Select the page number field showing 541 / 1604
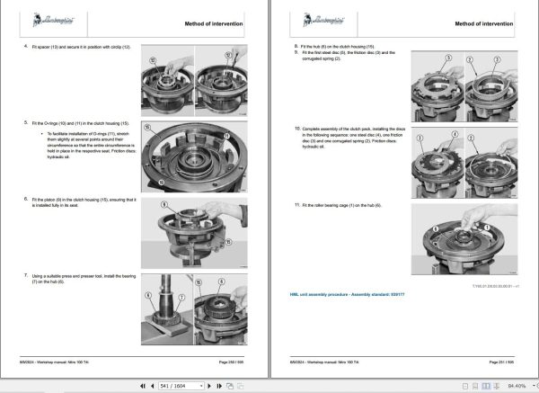click(x=188, y=384)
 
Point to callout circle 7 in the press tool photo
click(x=181, y=295)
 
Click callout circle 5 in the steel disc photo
click(x=443, y=57)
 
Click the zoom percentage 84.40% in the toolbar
click(x=513, y=384)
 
